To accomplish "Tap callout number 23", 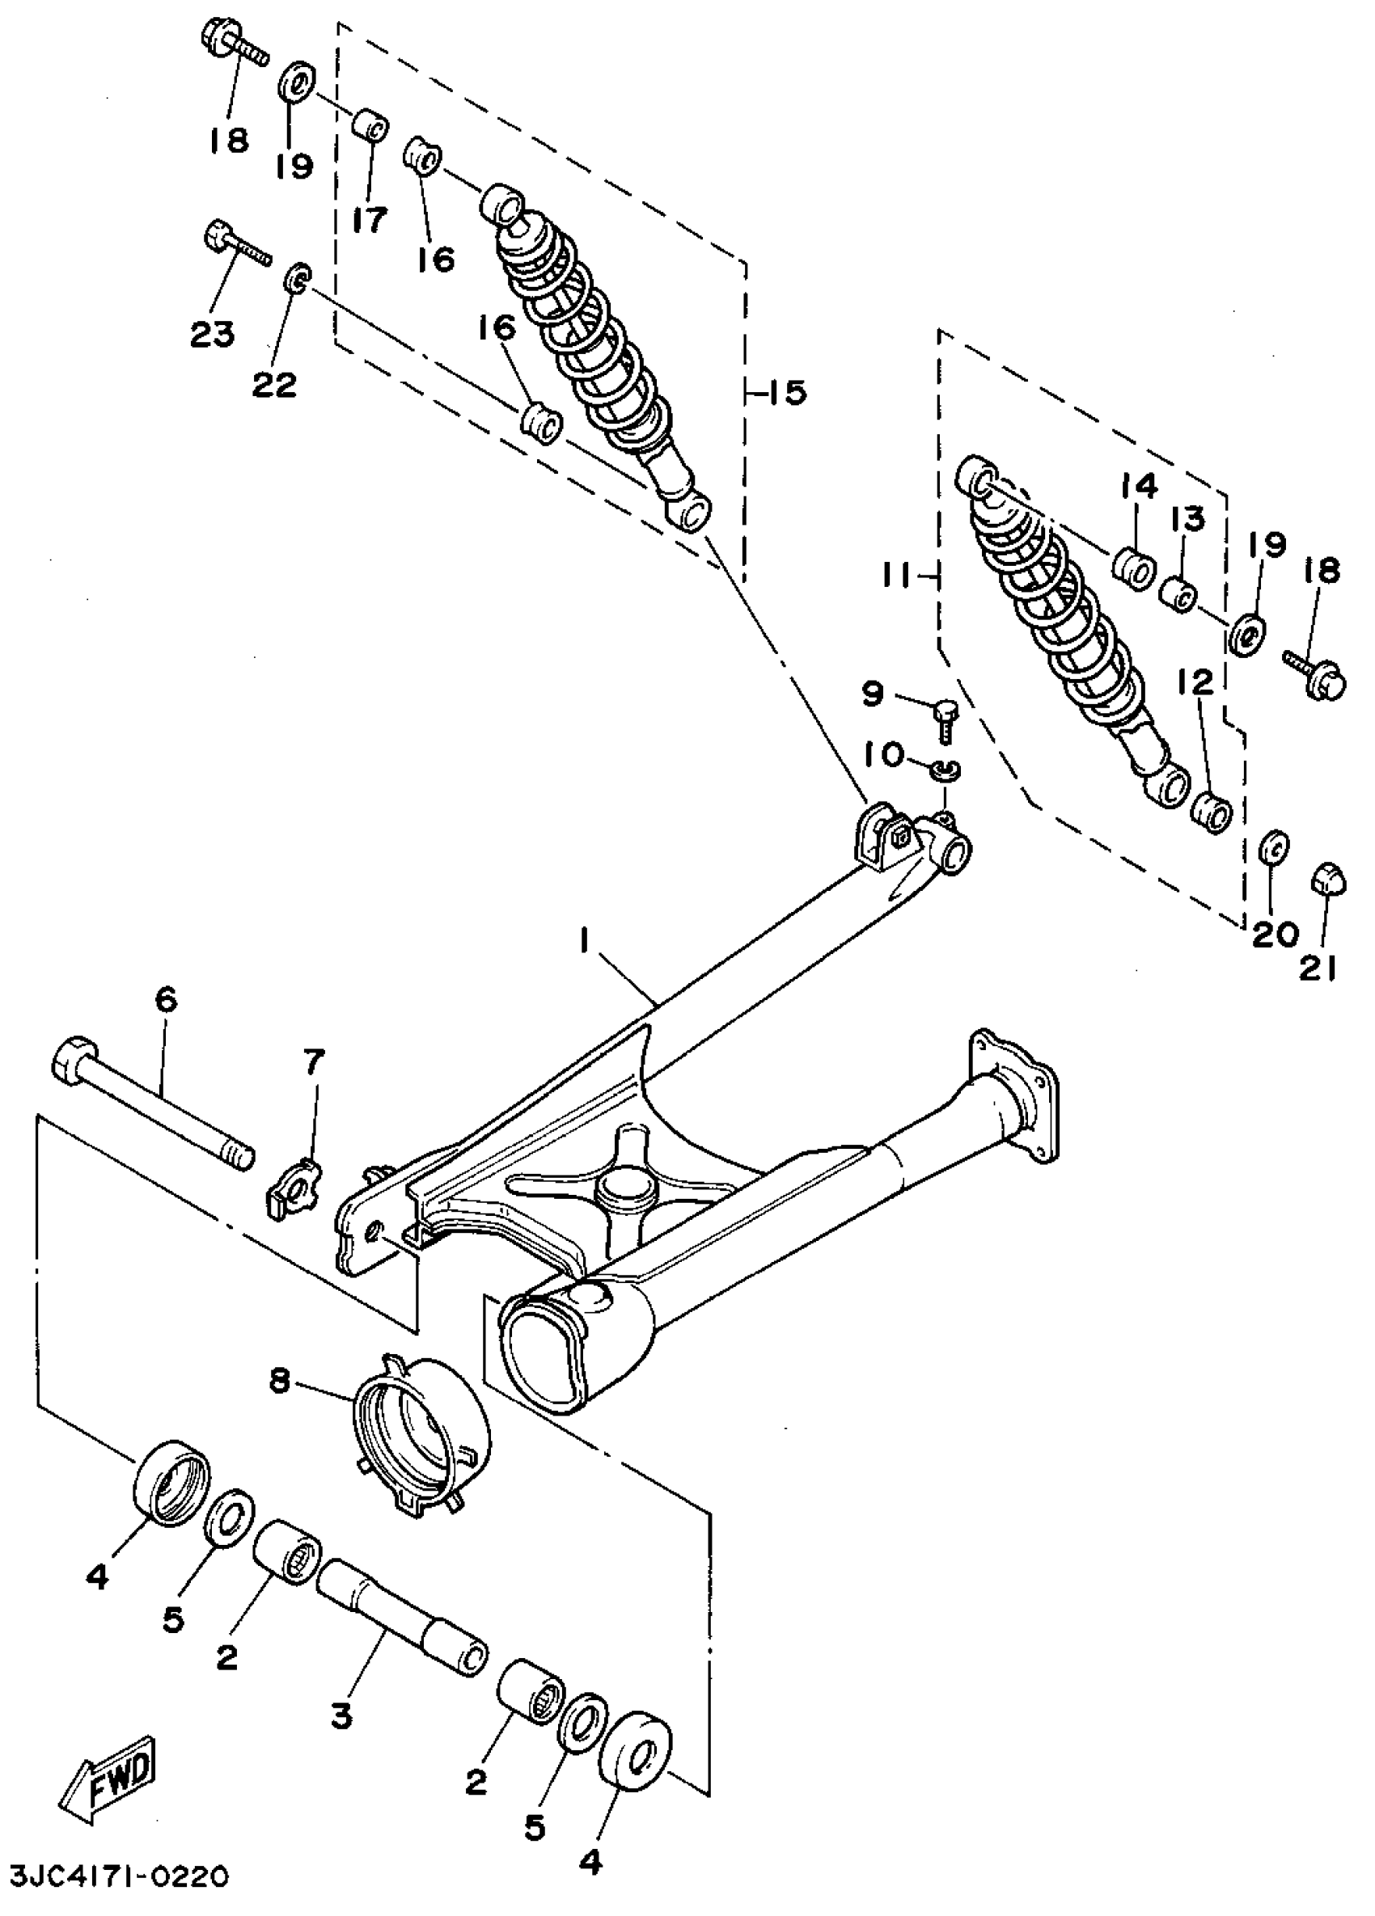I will [x=212, y=335].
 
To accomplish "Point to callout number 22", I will [x=275, y=384].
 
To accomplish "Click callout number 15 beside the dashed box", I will [x=786, y=393].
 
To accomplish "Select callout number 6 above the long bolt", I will [x=166, y=1000].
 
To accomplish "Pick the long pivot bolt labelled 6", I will [x=152, y=1104].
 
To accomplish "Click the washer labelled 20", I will [x=1274, y=847].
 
